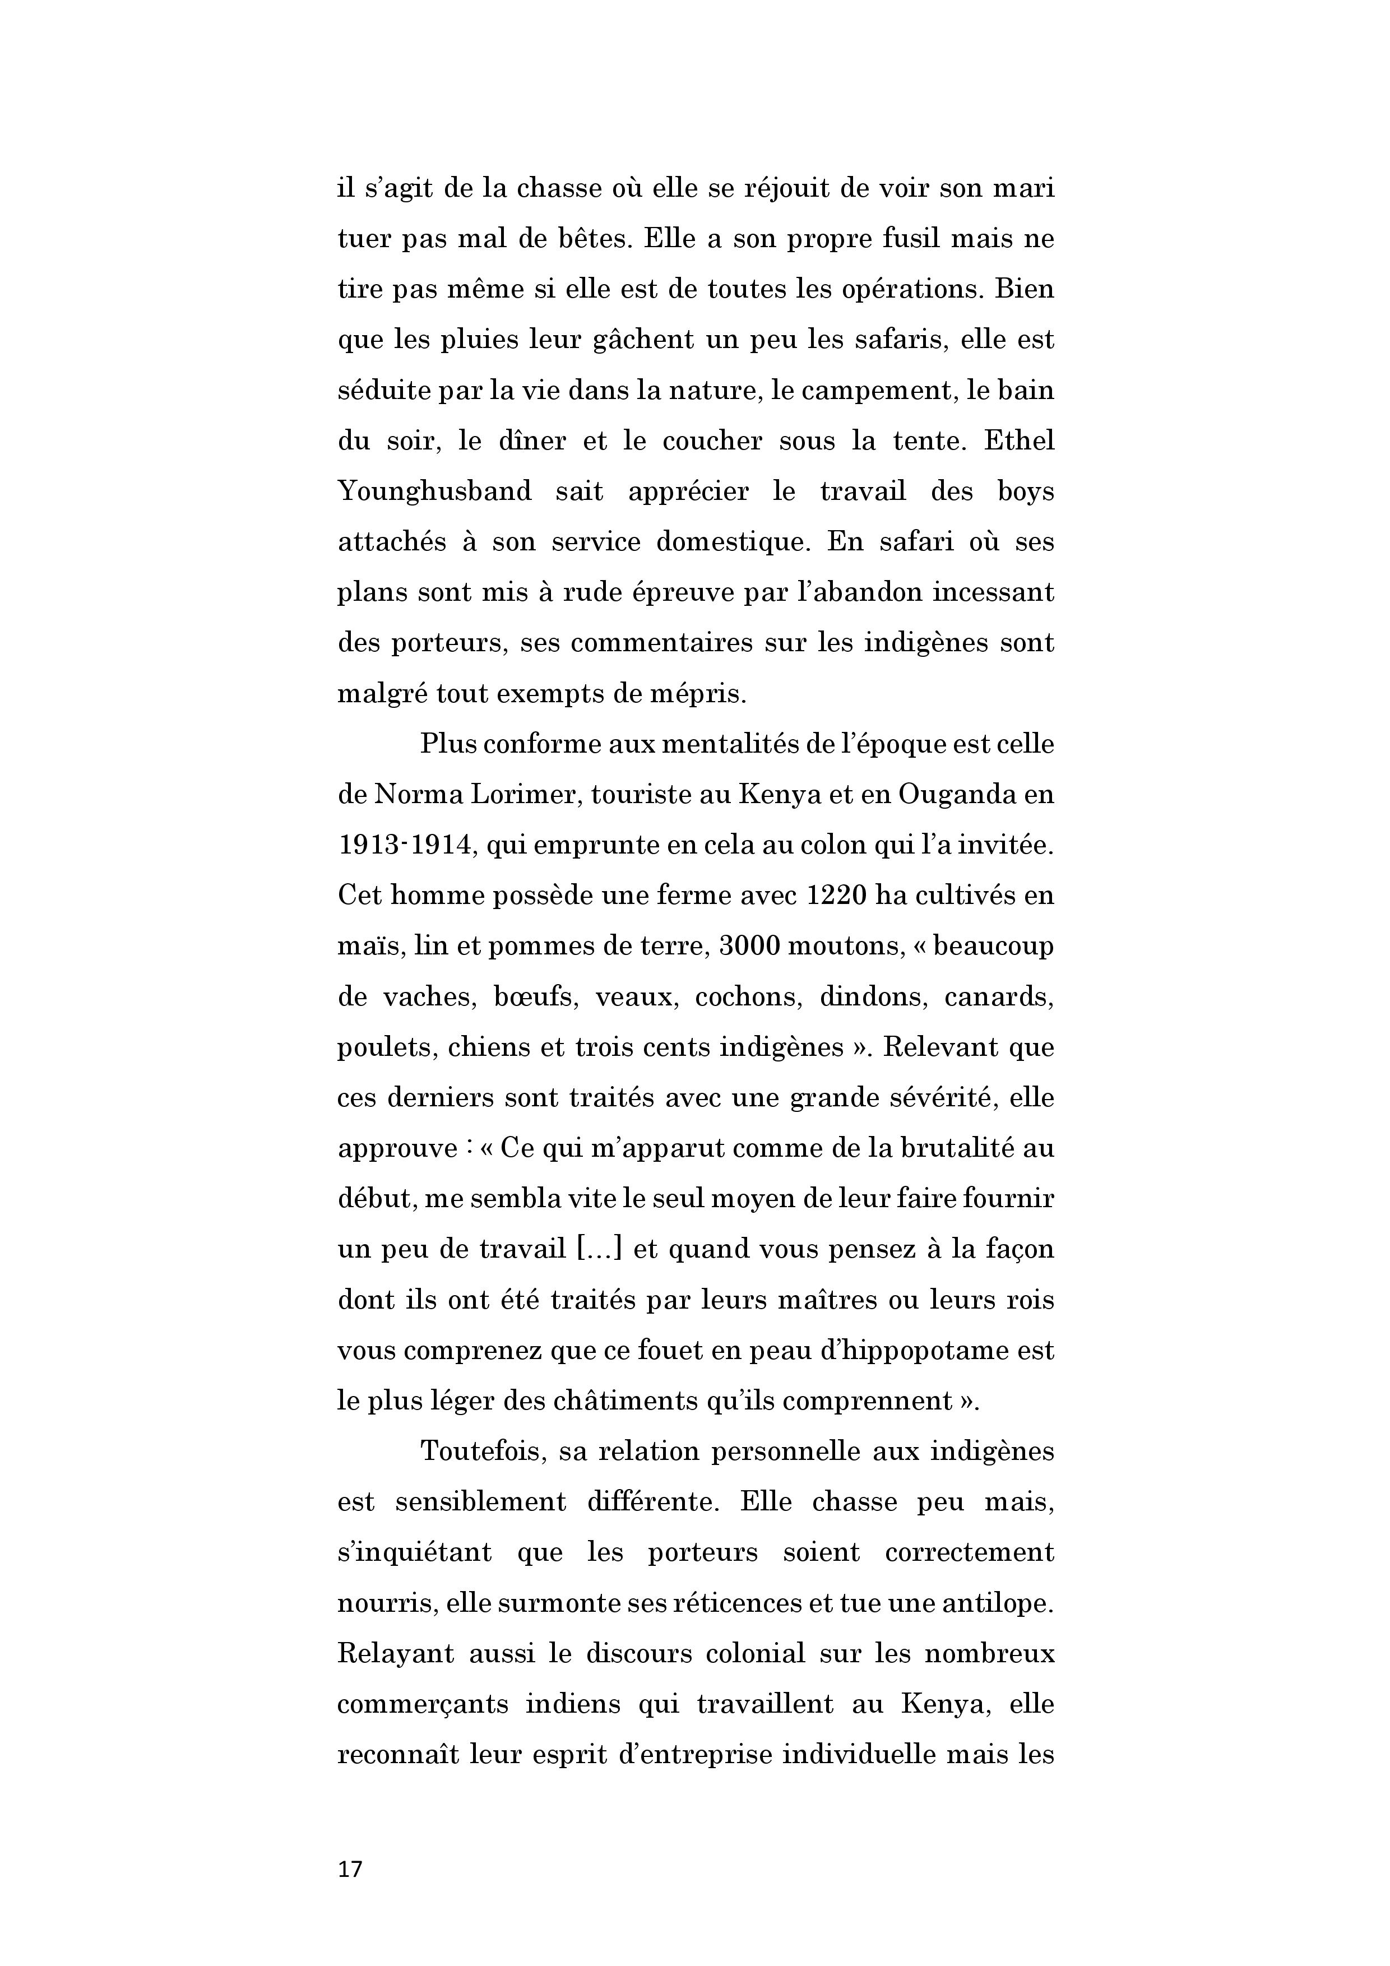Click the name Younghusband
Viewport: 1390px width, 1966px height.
pyautogui.click(x=434, y=492)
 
